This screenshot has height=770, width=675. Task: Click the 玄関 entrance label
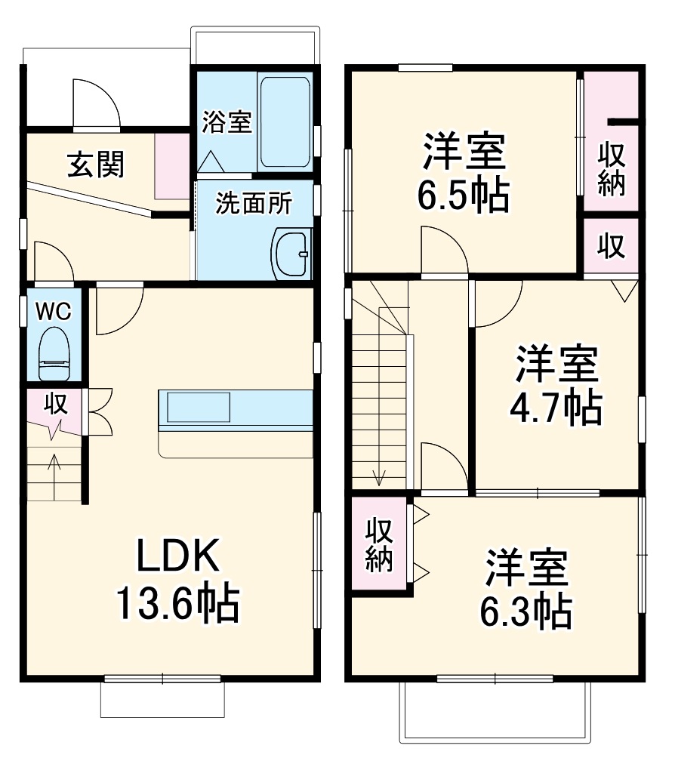(x=96, y=164)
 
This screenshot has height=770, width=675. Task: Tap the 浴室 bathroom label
(x=226, y=122)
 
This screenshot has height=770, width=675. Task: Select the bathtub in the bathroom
(x=285, y=122)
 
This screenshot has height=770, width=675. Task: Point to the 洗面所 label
(x=252, y=203)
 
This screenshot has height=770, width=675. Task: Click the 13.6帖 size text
(x=178, y=603)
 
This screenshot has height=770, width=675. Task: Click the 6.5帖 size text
(x=464, y=196)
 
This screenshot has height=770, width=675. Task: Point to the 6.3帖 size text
(x=526, y=612)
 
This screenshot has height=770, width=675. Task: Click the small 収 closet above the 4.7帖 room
(x=612, y=246)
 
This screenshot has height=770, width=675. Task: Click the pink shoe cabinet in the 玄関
(x=172, y=165)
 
